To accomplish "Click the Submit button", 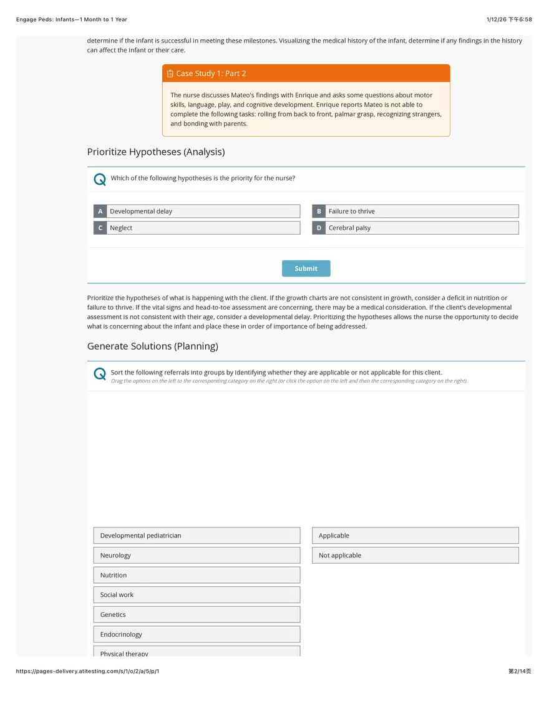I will tap(306, 268).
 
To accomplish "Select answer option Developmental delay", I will tap(203, 212).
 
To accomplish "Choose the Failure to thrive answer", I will tap(421, 212).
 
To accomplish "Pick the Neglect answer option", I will tap(203, 228).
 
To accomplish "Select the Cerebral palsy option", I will tap(421, 228).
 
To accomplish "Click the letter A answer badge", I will tap(100, 212).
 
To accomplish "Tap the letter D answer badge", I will tap(319, 228).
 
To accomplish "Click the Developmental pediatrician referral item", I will tap(197, 536).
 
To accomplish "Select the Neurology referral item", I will tap(197, 556).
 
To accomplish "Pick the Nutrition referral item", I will tap(197, 575).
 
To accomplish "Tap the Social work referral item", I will tap(197, 595).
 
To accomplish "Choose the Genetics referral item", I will tap(197, 615).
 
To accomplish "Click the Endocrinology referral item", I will tap(197, 634).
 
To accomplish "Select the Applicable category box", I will tap(415, 536).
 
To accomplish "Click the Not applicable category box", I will tap(415, 556).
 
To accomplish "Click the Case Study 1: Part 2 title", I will tap(211, 74).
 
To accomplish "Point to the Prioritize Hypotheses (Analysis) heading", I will tap(156, 152).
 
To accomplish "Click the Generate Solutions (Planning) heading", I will tap(153, 346).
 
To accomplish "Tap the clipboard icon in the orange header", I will tap(170, 74).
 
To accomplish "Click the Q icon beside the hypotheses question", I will tap(99, 180).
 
